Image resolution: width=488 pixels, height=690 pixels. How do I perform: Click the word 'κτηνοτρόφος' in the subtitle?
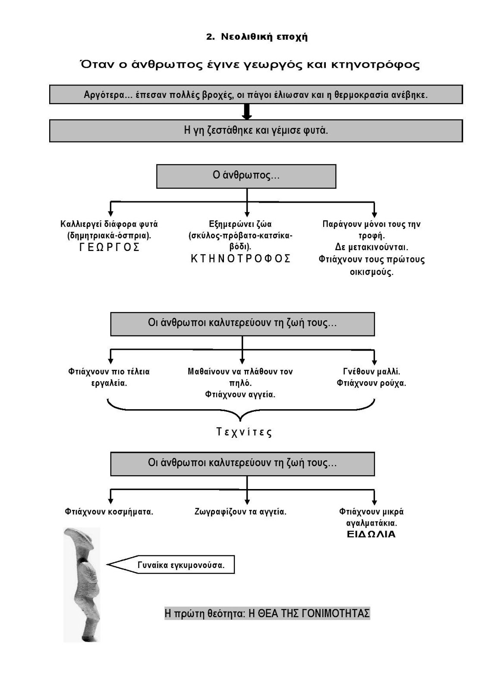coord(375,65)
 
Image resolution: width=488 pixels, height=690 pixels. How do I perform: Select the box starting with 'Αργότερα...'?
coord(256,94)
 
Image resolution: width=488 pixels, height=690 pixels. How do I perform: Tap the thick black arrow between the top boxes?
coord(247,112)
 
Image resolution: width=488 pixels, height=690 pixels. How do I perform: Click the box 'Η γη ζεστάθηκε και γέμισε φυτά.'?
coord(256,130)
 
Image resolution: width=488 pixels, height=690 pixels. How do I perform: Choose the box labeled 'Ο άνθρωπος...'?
coord(246,176)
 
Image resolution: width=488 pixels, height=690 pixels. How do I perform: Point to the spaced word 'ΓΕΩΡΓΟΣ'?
coord(109,248)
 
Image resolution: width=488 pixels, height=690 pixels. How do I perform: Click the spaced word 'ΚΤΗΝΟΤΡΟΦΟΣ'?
coord(241,259)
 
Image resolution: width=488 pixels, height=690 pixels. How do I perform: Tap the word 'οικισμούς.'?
coord(371,272)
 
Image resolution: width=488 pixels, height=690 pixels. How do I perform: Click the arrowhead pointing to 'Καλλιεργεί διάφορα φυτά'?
coord(111,213)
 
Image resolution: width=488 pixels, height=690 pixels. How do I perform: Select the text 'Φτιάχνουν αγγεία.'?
coord(240,394)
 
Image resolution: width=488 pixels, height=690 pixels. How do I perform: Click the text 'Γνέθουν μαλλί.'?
coord(372,371)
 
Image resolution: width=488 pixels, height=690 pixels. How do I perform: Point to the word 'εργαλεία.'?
coord(109,383)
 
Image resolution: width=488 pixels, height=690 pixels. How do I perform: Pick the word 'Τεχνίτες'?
coord(244,433)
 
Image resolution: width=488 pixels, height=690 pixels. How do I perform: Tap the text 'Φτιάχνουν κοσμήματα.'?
coord(109,512)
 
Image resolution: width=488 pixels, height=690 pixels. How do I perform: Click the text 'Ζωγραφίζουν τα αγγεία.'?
coord(241,512)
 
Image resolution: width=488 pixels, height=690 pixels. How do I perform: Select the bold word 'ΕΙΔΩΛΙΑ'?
coord(371,534)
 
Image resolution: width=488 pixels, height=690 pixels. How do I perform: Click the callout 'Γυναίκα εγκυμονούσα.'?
coord(181,565)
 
